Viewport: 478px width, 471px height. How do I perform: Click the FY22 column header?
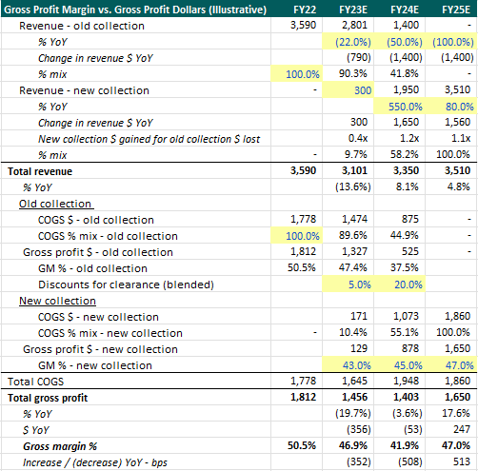click(x=298, y=9)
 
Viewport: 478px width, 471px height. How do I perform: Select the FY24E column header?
click(x=402, y=9)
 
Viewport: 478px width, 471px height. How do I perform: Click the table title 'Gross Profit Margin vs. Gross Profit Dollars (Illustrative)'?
click(x=124, y=9)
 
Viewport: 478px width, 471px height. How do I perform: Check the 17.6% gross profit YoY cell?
click(x=455, y=412)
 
